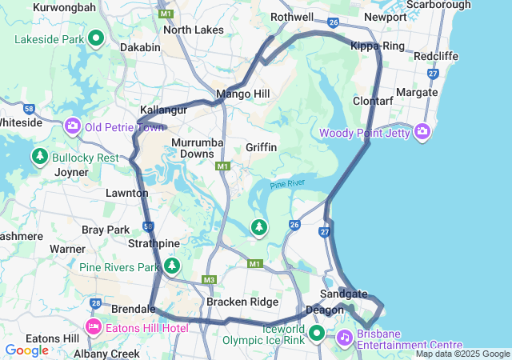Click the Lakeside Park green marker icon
coord(96,38)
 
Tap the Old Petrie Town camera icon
coord(73,126)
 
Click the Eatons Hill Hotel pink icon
coord(94,326)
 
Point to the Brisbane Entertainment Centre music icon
coord(344,337)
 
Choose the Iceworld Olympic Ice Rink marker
coord(317,333)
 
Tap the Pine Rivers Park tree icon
coord(172,265)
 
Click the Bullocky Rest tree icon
coord(39,156)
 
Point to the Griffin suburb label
coord(262,147)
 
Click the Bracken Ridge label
coord(242,302)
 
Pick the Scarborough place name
coord(438,5)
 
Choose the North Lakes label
coord(193,30)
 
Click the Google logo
coord(26,350)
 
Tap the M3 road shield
coord(210,279)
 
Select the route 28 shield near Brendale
coord(96,303)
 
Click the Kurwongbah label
coord(64,7)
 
